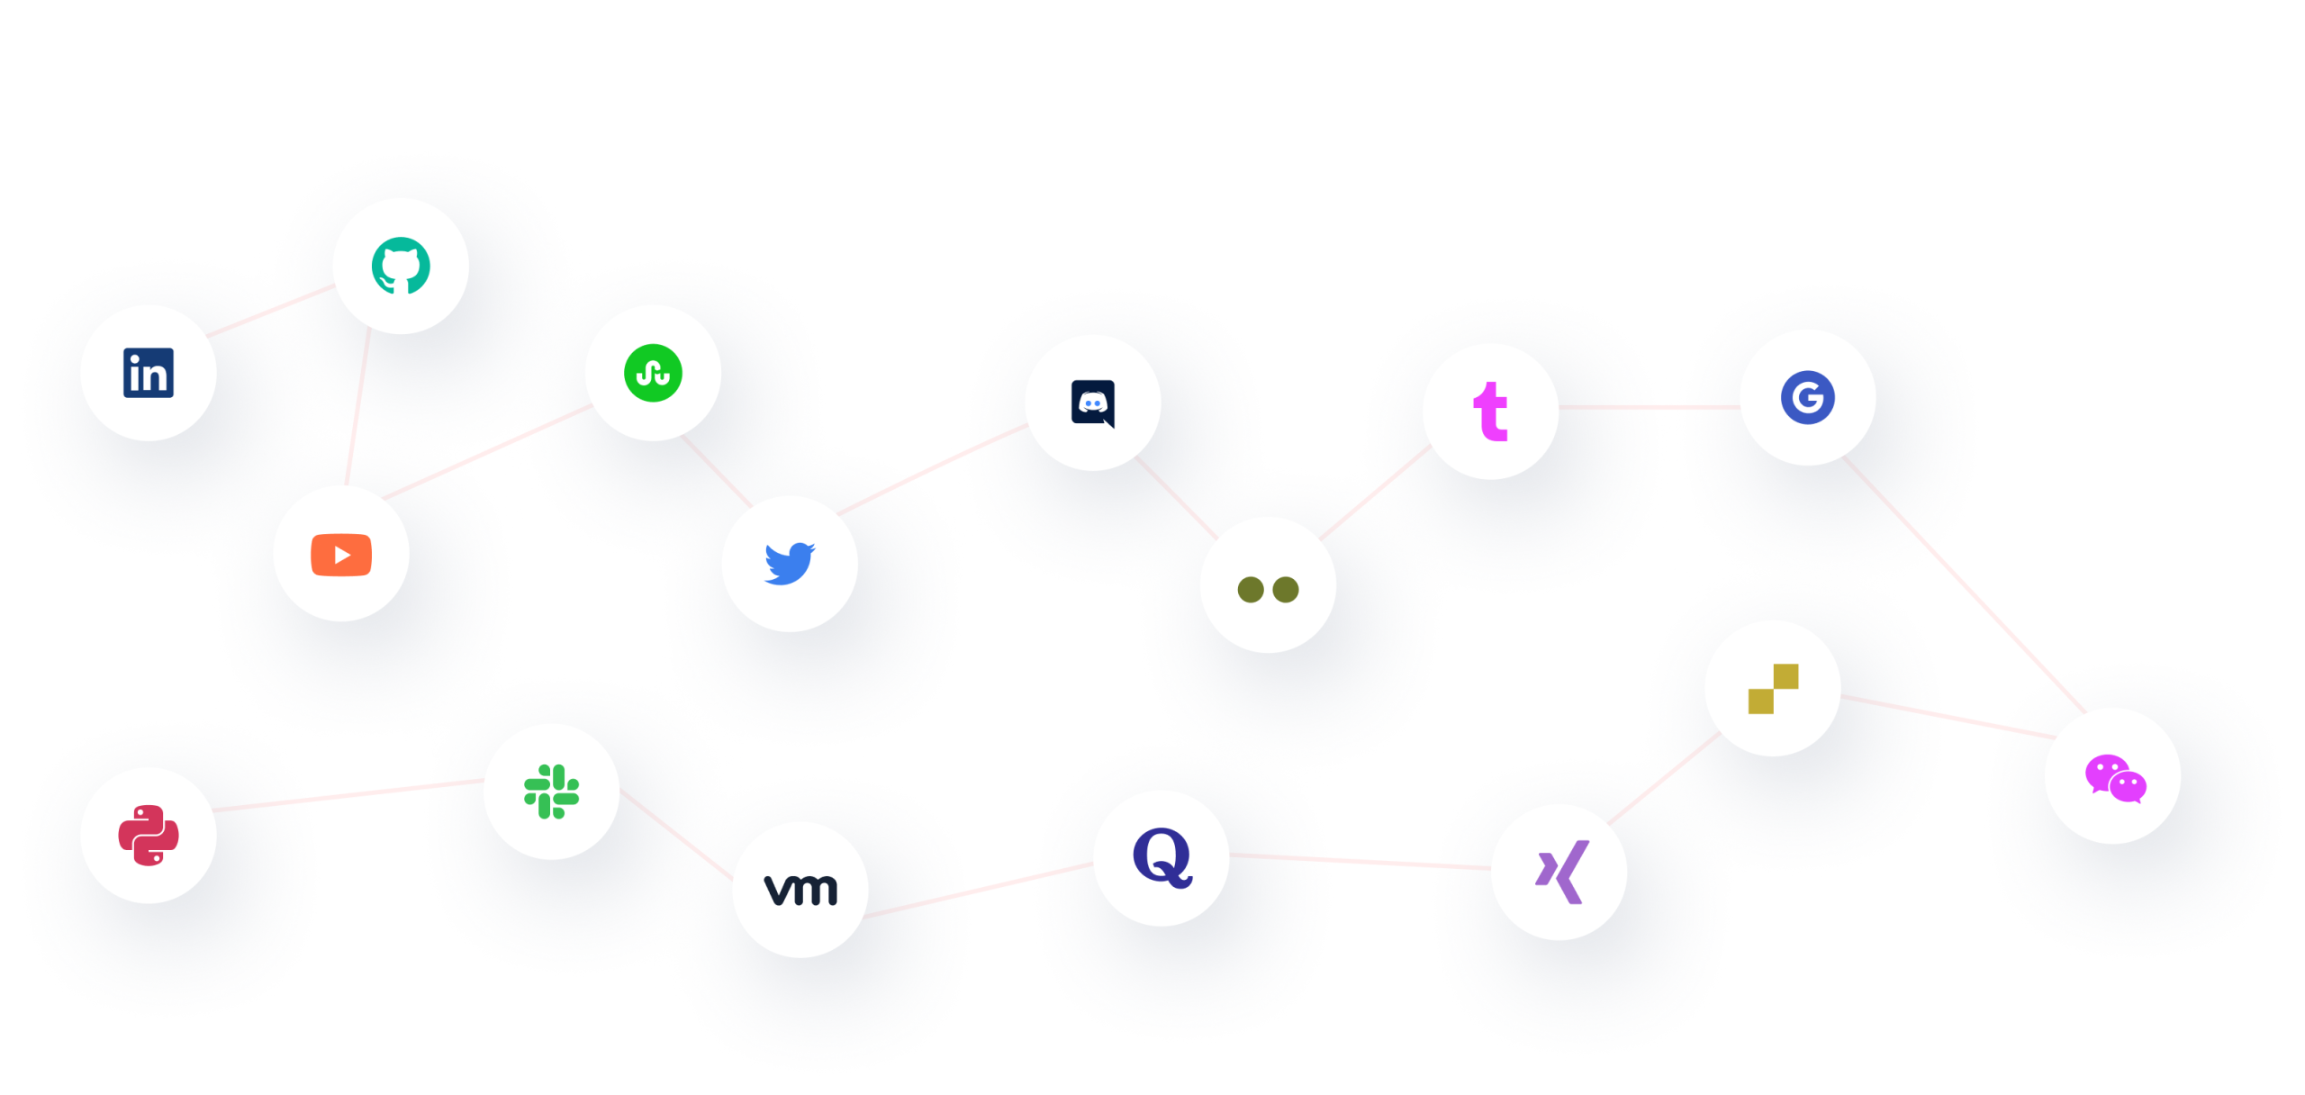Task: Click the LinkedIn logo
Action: (149, 373)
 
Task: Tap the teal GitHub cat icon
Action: (401, 266)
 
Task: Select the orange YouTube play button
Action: (341, 554)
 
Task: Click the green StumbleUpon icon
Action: (653, 373)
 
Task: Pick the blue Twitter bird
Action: (790, 564)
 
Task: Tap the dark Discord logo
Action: (1093, 403)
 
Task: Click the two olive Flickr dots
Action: (1268, 589)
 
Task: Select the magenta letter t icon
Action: (1490, 412)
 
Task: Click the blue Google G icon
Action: (1808, 397)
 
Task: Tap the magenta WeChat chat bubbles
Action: (2114, 778)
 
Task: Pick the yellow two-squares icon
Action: (1773, 689)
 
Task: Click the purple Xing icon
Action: (1560, 872)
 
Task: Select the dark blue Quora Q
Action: (1162, 857)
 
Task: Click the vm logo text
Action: (800, 890)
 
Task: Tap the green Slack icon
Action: (551, 792)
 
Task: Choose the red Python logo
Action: (149, 835)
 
